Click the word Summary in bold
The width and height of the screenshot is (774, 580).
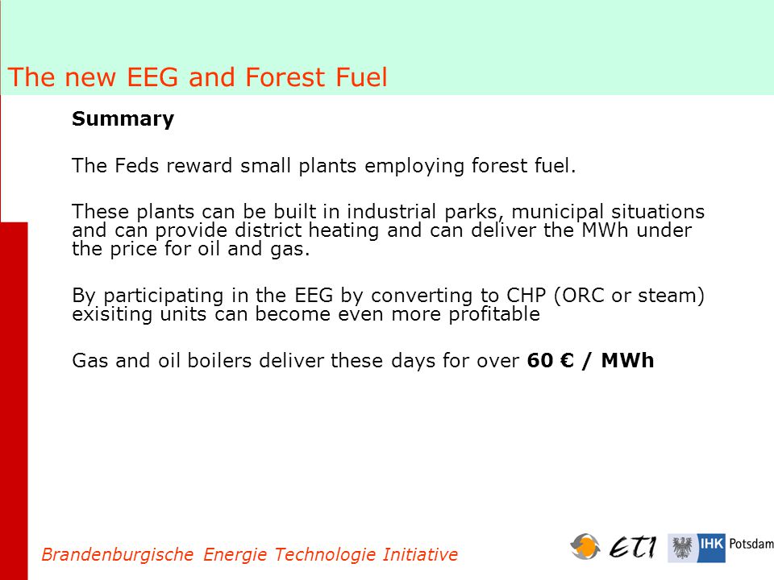click(123, 119)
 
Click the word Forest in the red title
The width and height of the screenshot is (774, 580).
click(285, 77)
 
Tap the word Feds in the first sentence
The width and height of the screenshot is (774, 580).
click(137, 166)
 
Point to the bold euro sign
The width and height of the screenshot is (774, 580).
click(567, 361)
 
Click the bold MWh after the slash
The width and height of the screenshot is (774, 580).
click(627, 361)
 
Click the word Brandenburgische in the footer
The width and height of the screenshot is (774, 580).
click(118, 555)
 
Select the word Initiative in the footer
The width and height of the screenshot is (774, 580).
click(420, 555)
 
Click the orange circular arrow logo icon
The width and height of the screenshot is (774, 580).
click(585, 546)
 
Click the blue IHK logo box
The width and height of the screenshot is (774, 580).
click(711, 548)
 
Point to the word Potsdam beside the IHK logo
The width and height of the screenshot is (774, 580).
click(751, 544)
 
